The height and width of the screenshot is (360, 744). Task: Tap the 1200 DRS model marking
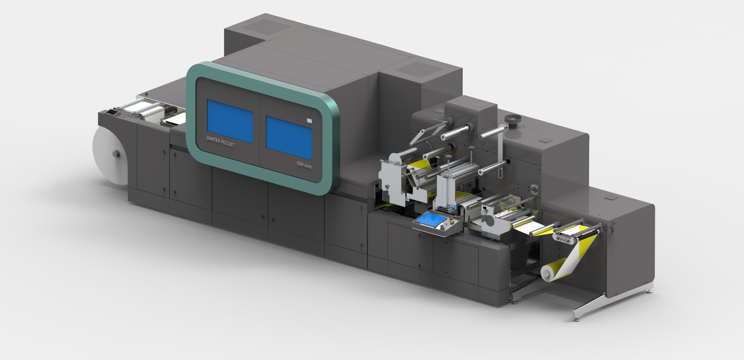(304, 165)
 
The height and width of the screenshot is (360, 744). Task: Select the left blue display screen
(230, 121)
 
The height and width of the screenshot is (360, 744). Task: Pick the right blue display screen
(289, 137)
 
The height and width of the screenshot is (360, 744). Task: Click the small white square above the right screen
(309, 121)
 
